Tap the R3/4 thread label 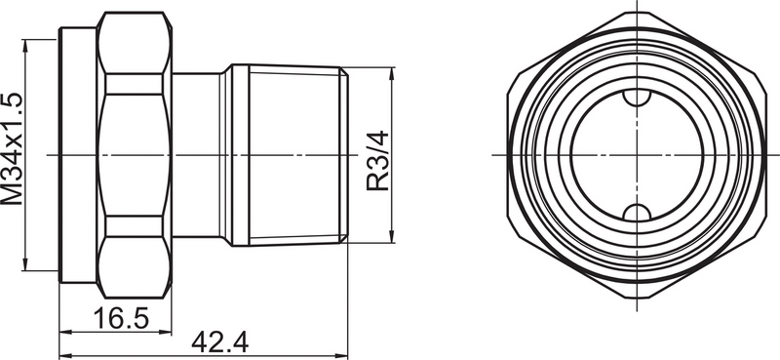pos(377,156)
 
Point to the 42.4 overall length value pos(219,343)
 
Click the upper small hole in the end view pos(635,98)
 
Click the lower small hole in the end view pos(635,213)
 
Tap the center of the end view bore pos(635,155)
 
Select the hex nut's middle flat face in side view pos(136,155)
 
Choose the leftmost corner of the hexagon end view pos(509,155)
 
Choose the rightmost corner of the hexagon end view pos(761,155)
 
